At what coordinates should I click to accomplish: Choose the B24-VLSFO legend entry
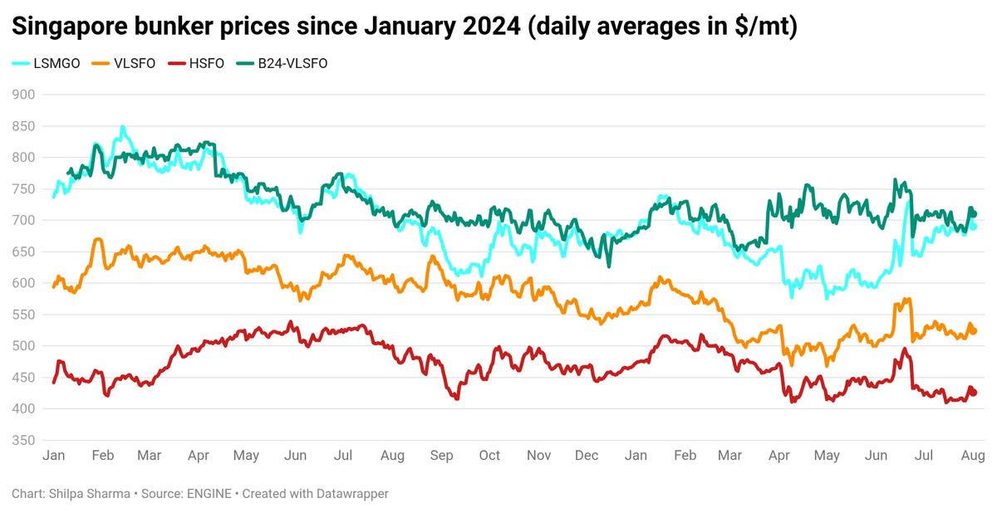pos(290,63)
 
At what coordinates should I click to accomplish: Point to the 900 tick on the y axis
pos(23,95)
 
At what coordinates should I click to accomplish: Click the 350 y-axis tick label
pos(23,440)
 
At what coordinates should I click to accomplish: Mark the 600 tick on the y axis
pos(23,283)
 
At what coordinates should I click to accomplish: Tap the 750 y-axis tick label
pos(23,189)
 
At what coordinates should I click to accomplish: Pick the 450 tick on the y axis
pos(23,378)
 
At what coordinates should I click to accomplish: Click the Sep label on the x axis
pos(441,456)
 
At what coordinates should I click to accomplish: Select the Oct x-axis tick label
pos(489,456)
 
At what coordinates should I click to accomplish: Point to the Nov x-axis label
pos(539,456)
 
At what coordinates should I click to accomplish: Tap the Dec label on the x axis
pos(587,456)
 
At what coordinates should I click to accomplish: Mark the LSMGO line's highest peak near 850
pos(123,127)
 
